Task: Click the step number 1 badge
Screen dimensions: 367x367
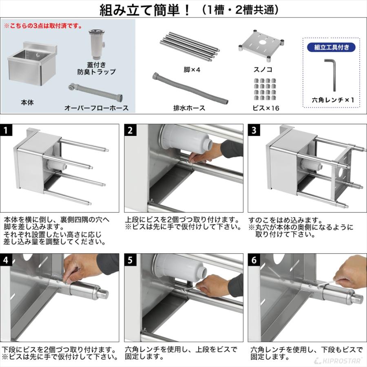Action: [x=7, y=130]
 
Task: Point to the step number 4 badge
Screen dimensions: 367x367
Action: [x=7, y=260]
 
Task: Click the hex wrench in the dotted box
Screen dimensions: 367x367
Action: [x=331, y=74]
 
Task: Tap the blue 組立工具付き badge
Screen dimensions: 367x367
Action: [x=332, y=47]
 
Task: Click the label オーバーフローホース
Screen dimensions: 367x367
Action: [x=97, y=108]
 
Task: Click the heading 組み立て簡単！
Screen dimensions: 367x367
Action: [x=145, y=10]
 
